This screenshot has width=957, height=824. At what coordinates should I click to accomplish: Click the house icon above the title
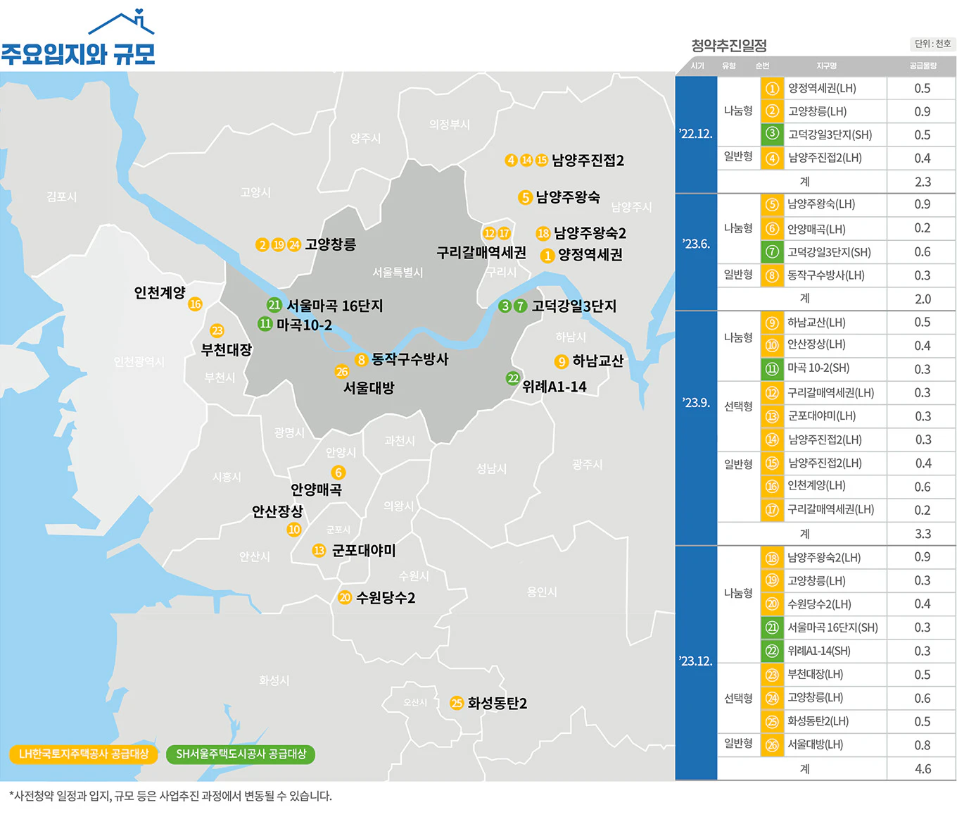tap(122, 23)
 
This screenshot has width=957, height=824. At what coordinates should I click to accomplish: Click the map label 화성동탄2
tap(497, 703)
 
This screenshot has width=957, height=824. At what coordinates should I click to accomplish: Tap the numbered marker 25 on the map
tap(457, 703)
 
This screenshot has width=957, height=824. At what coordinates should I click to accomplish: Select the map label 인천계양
tap(160, 292)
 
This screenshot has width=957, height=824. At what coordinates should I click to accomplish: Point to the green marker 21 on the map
tap(274, 305)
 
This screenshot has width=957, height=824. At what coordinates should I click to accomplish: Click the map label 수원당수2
tap(386, 598)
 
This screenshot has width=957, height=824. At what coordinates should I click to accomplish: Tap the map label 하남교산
tap(597, 361)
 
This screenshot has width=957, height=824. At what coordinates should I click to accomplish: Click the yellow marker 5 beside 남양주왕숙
tap(525, 197)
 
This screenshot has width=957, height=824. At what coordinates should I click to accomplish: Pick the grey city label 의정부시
tap(449, 125)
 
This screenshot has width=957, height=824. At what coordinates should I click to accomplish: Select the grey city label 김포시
tap(62, 196)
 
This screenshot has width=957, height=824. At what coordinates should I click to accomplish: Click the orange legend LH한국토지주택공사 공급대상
tap(84, 754)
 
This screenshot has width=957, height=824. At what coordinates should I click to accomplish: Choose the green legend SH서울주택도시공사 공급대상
tap(241, 754)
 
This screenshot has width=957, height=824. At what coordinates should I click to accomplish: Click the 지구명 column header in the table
tap(826, 66)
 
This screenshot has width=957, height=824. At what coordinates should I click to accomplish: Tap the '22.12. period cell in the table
tap(695, 134)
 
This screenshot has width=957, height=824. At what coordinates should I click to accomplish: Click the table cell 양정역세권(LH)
tap(822, 89)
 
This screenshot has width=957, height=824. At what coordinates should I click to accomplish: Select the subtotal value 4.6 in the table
tap(922, 769)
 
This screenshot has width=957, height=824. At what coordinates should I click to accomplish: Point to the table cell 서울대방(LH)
tap(815, 744)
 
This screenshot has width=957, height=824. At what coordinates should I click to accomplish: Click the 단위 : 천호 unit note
tap(932, 44)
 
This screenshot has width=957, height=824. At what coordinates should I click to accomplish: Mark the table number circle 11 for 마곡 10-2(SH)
tap(772, 368)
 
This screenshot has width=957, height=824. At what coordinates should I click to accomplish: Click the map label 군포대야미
tap(363, 550)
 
